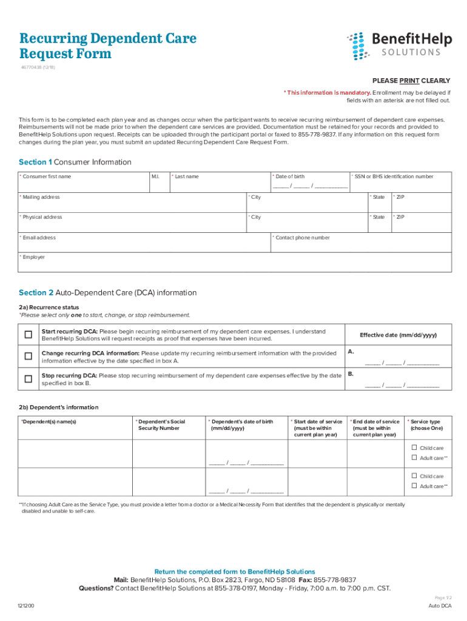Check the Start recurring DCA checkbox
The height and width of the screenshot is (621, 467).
pos(28,335)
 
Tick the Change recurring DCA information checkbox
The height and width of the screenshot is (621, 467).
pos(28,357)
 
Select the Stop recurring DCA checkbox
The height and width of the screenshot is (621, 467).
pos(28,379)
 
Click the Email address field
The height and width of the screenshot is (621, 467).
pos(144,244)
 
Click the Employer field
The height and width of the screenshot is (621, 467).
pos(235,263)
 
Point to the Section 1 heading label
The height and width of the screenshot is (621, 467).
pos(75,162)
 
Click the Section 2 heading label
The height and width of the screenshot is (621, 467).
pos(107,292)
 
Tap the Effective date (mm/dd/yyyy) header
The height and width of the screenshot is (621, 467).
pos(398,335)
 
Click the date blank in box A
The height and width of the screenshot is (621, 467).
pos(401,363)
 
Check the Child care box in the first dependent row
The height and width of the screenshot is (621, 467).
pos(414,448)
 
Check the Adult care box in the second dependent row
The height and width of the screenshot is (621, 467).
pos(414,486)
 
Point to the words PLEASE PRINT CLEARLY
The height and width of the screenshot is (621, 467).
pos(411,81)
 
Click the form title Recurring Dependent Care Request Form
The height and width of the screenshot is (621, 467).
pos(107,46)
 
